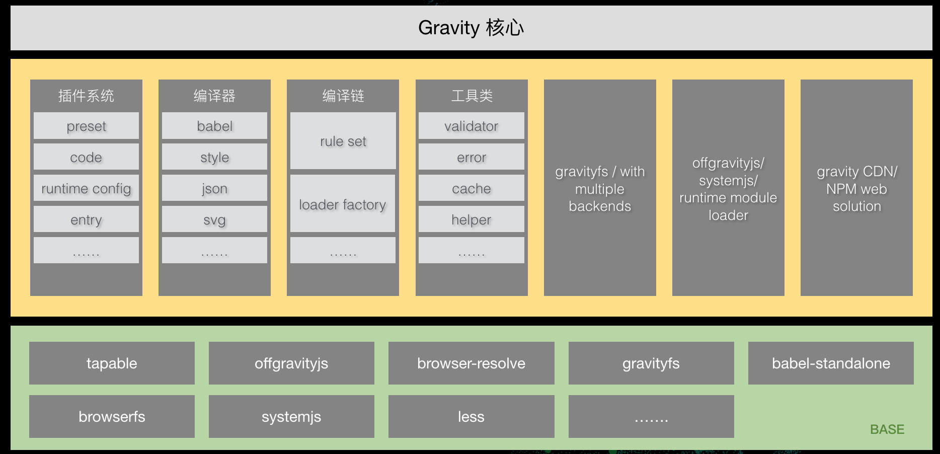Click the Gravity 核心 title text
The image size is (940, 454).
pos(471,28)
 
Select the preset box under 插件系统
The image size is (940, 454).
pos(86,126)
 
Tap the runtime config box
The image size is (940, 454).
pos(86,188)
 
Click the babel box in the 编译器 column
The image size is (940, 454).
pos(214,126)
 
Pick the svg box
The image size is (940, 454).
pos(214,219)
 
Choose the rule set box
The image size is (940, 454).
pos(343,141)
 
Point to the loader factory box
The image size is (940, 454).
pos(343,204)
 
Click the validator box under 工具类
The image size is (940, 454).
pos(471,126)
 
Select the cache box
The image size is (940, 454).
pos(471,188)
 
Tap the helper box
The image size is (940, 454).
pos(471,219)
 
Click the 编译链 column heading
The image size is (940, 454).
pos(343,96)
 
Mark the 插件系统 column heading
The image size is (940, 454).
pos(86,96)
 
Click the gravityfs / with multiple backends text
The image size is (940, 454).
pos(600,189)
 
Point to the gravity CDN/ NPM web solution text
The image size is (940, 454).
pos(856,189)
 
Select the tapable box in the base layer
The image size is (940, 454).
pos(112,363)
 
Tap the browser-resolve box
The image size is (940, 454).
pos(471,363)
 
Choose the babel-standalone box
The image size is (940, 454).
pos(831,363)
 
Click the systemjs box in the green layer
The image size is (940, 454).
pos(291,417)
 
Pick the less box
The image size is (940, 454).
pos(471,417)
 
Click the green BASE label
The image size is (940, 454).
pos(887,429)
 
